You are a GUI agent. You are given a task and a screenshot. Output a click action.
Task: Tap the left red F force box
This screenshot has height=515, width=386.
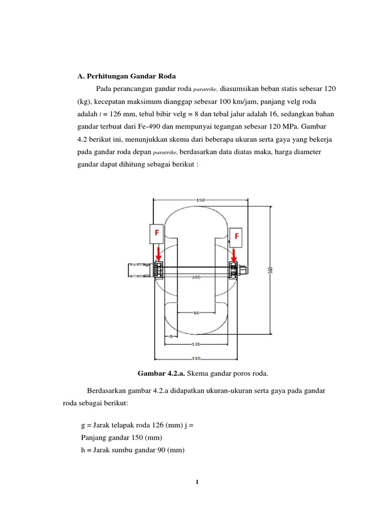tap(156, 233)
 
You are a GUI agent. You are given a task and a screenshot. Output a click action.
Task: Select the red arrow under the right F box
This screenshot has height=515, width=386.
tap(233, 254)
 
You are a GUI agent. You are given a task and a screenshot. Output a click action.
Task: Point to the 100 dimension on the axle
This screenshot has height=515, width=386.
tap(196, 277)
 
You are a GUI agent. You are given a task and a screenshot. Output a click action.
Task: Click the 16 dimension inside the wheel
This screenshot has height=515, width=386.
tap(196, 313)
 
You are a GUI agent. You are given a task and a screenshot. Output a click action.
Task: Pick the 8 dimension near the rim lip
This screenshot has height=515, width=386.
tap(171, 337)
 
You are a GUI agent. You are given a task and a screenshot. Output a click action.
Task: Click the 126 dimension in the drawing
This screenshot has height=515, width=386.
tap(196, 345)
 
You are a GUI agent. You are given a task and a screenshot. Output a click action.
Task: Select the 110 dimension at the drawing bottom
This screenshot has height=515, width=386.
tap(196, 359)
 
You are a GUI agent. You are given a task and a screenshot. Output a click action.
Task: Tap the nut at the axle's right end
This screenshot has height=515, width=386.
tap(243, 270)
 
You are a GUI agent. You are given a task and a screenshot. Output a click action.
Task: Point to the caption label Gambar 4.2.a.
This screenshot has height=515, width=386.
tap(160, 373)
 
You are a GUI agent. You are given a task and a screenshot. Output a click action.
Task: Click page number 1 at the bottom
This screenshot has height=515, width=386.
tap(198, 483)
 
